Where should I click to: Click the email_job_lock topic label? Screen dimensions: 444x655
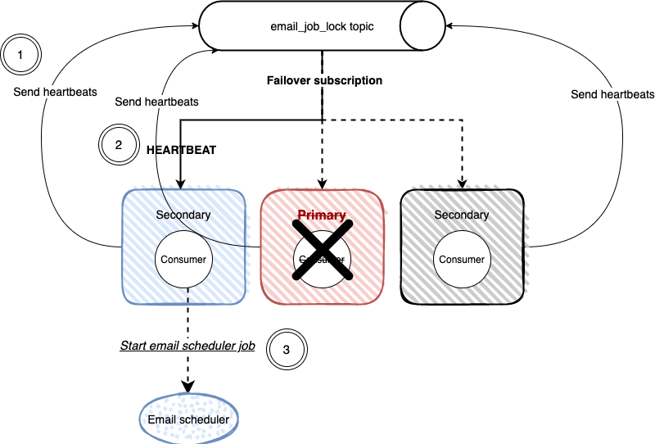(x=322, y=26)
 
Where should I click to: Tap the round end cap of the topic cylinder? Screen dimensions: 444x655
(x=422, y=26)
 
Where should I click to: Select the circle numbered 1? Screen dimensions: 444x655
(x=21, y=55)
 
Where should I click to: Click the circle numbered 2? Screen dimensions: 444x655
(x=119, y=145)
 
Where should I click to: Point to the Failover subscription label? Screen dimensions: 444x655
(x=325, y=81)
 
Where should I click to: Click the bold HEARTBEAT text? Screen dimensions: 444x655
(x=181, y=151)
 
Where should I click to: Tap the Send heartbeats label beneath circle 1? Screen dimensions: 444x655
(x=55, y=92)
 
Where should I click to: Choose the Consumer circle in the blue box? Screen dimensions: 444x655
(x=184, y=260)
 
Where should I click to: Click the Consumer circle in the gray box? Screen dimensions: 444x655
(x=462, y=260)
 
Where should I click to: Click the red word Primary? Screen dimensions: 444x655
(x=321, y=215)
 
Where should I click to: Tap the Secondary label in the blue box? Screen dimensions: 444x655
(x=183, y=215)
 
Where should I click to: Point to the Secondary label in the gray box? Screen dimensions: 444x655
(x=462, y=215)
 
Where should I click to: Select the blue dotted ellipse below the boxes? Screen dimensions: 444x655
(x=189, y=419)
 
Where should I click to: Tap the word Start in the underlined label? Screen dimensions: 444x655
(x=133, y=346)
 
